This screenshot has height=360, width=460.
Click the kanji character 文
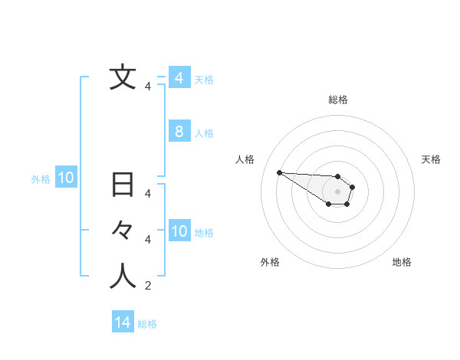click(123, 78)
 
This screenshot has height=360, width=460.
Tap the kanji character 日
click(123, 185)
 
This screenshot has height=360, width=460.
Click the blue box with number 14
click(123, 322)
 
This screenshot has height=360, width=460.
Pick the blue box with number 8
click(179, 132)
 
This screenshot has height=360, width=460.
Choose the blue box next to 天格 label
click(179, 78)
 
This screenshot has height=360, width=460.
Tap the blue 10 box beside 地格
click(179, 231)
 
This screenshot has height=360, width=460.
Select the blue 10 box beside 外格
click(66, 178)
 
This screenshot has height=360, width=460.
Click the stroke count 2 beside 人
click(147, 286)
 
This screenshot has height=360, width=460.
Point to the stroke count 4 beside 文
click(147, 87)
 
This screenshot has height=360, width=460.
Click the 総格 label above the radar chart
click(337, 100)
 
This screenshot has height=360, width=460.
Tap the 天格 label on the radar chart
click(431, 159)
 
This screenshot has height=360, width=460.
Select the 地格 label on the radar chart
click(402, 262)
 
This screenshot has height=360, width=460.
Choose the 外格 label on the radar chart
click(270, 262)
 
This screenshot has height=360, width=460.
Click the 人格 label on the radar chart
click(245, 159)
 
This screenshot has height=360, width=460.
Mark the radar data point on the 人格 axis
click(279, 172)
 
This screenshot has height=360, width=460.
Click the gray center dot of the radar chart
click(337, 191)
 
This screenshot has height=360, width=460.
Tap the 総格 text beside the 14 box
click(147, 324)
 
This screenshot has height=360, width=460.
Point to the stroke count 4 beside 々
click(147, 240)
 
